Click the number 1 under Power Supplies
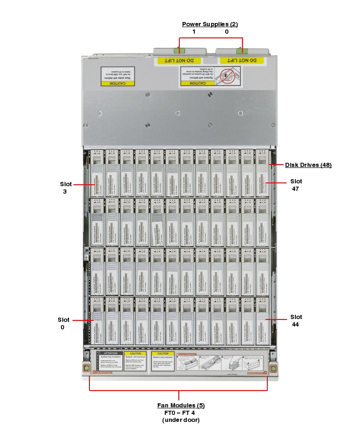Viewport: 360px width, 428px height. (194, 32)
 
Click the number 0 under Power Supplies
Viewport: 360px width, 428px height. (227, 32)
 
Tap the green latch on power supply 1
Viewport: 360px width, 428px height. (177, 50)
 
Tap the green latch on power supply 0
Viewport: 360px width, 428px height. (243, 50)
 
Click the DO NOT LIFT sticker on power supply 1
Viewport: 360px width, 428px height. (179, 61)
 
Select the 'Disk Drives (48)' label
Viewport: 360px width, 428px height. (309, 165)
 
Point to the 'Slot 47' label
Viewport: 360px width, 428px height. (296, 185)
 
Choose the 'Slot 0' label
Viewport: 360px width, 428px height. (64, 323)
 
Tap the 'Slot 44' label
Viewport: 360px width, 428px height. (296, 320)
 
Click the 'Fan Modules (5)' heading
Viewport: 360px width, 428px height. (181, 405)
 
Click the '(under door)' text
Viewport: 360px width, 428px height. (181, 420)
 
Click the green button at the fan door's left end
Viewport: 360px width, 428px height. (86, 369)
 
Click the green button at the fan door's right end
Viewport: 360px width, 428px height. (273, 369)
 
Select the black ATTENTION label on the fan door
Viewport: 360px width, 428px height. (110, 354)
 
